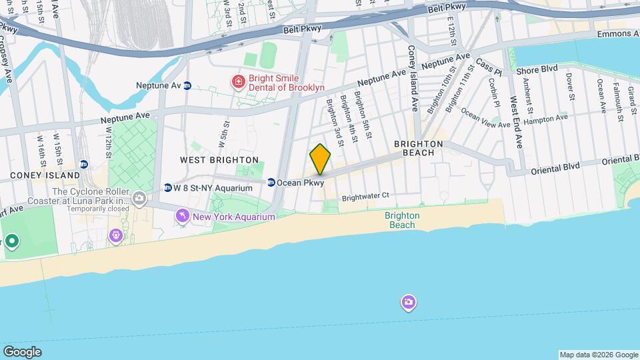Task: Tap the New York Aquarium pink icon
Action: (x=181, y=216)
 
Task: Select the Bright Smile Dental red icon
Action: (x=237, y=82)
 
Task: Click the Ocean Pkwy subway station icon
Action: (x=271, y=182)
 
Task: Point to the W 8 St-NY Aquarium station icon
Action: (x=168, y=187)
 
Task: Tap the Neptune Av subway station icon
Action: (x=187, y=85)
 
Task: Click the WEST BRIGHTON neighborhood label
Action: (x=219, y=160)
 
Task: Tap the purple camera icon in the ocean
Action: (x=409, y=303)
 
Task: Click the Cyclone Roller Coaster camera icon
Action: (x=139, y=197)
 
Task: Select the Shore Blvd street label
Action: (x=537, y=69)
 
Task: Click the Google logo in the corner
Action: (x=22, y=352)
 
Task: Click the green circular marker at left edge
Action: (x=11, y=242)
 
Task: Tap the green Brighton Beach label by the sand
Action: (x=403, y=220)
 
